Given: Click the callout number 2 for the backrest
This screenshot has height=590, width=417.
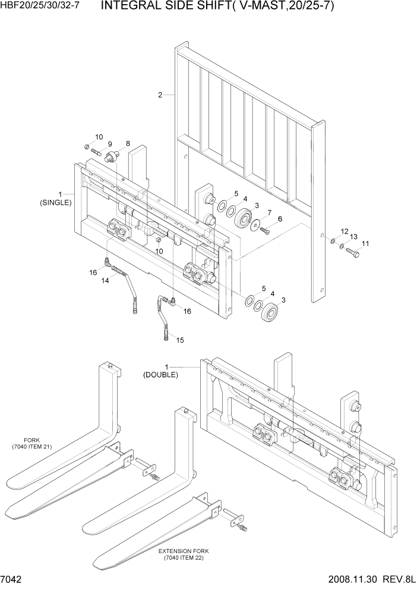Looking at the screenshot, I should (160, 95).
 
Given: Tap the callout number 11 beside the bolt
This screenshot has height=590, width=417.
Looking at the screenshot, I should (365, 243).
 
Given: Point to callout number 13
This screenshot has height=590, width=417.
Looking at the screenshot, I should (353, 237).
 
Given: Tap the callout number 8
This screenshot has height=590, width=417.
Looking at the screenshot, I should (127, 143).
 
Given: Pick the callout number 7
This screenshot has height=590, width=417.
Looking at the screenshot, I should (268, 212).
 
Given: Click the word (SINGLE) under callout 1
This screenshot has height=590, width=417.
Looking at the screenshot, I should (56, 202).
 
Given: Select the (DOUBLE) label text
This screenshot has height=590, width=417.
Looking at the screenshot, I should (160, 375).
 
